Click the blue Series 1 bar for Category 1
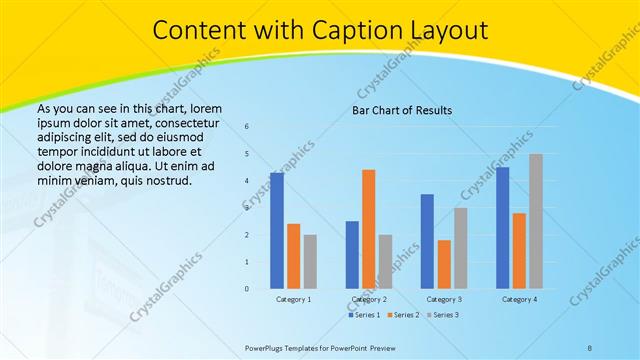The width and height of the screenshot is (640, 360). click(x=277, y=231)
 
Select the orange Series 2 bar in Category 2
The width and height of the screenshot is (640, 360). click(x=369, y=229)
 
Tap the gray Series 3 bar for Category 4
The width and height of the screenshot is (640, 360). click(x=536, y=221)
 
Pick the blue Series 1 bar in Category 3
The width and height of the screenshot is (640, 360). click(x=427, y=241)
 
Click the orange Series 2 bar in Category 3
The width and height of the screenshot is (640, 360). click(x=444, y=264)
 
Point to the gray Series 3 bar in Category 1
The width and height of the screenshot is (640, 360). click(x=310, y=262)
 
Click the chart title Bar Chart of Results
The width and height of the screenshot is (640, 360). click(x=402, y=110)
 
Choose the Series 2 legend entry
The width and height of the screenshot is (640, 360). click(x=403, y=315)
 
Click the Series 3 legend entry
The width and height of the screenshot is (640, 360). click(x=440, y=315)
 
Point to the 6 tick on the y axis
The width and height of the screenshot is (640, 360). click(x=247, y=127)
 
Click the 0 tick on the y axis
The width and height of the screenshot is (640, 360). click(x=247, y=289)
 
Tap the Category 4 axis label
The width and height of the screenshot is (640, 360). click(x=519, y=299)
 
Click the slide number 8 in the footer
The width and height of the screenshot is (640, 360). click(x=589, y=346)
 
